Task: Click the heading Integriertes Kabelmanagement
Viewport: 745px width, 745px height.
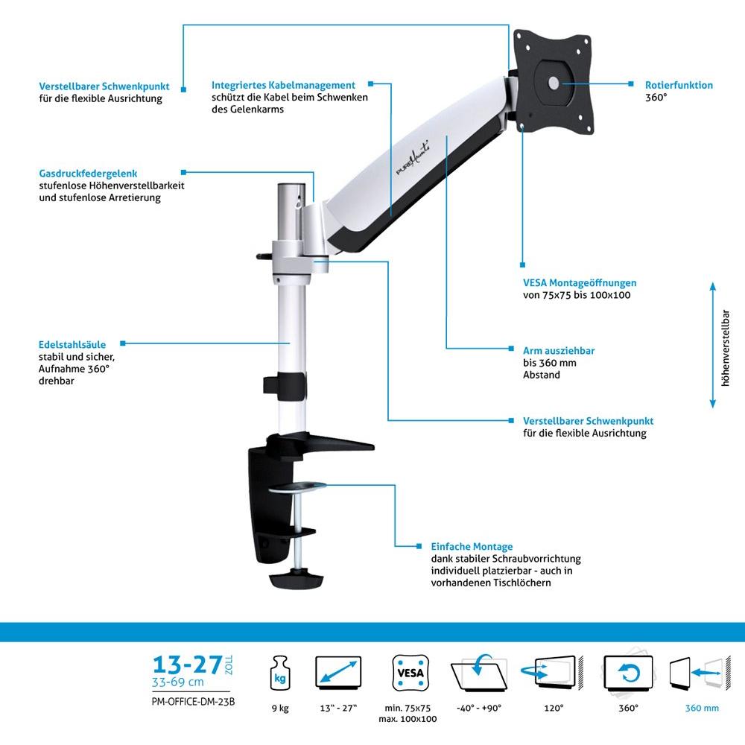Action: pyautogui.click(x=283, y=85)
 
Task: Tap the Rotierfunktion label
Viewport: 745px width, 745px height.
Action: pyautogui.click(x=679, y=85)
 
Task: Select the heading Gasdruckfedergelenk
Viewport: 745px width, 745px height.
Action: pyautogui.click(x=88, y=174)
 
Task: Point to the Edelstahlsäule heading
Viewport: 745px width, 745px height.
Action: pyautogui.click(x=72, y=344)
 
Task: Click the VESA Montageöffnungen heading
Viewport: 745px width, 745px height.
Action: pyautogui.click(x=580, y=282)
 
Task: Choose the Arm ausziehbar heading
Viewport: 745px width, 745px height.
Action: pyautogui.click(x=559, y=351)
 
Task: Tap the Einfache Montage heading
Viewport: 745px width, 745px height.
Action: pyautogui.click(x=472, y=546)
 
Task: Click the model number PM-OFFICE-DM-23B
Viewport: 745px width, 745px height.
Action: pyautogui.click(x=194, y=702)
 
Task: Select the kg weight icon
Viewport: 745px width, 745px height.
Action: pyautogui.click(x=280, y=673)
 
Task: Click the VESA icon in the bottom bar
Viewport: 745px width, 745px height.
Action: pyautogui.click(x=410, y=673)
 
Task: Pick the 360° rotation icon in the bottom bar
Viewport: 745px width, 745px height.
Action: pyautogui.click(x=628, y=673)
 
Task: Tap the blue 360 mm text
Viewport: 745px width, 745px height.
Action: pyautogui.click(x=702, y=708)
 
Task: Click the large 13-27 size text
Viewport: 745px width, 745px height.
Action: pyautogui.click(x=188, y=665)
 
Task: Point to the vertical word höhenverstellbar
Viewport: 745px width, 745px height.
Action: pyautogui.click(x=725, y=348)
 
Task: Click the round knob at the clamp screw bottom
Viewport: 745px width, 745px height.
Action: pyautogui.click(x=297, y=579)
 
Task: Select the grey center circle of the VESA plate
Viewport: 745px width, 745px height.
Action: pyautogui.click(x=554, y=83)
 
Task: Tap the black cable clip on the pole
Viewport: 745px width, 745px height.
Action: pyautogui.click(x=284, y=386)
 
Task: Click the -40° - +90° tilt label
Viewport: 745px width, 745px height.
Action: pyautogui.click(x=479, y=708)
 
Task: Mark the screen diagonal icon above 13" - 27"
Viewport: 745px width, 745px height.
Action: pyautogui.click(x=338, y=673)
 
